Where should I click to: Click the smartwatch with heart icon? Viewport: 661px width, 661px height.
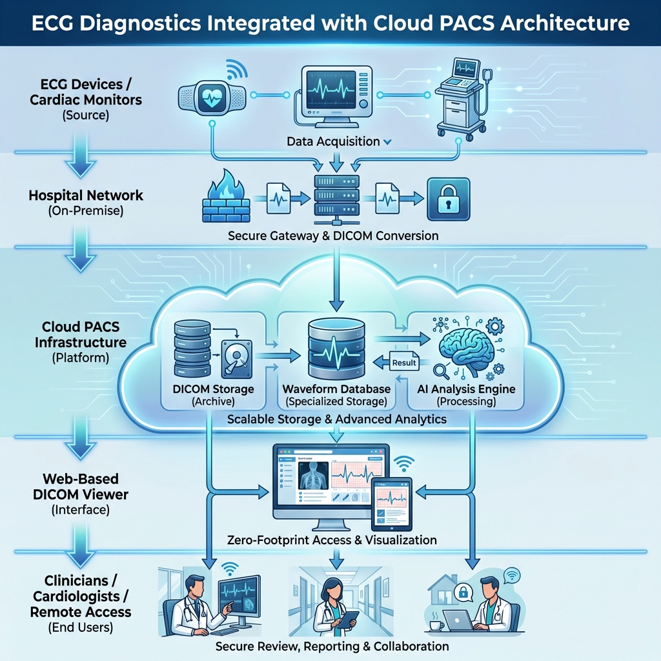point(212,97)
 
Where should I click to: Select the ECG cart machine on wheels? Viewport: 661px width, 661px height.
point(460,97)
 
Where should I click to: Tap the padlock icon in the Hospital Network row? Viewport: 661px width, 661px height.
point(448,199)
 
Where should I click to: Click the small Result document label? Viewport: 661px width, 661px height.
point(404,362)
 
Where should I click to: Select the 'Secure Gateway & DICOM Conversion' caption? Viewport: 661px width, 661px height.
point(333,236)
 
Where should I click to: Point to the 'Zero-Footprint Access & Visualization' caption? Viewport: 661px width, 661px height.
point(331,540)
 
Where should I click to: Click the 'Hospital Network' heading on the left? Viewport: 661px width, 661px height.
point(86,196)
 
